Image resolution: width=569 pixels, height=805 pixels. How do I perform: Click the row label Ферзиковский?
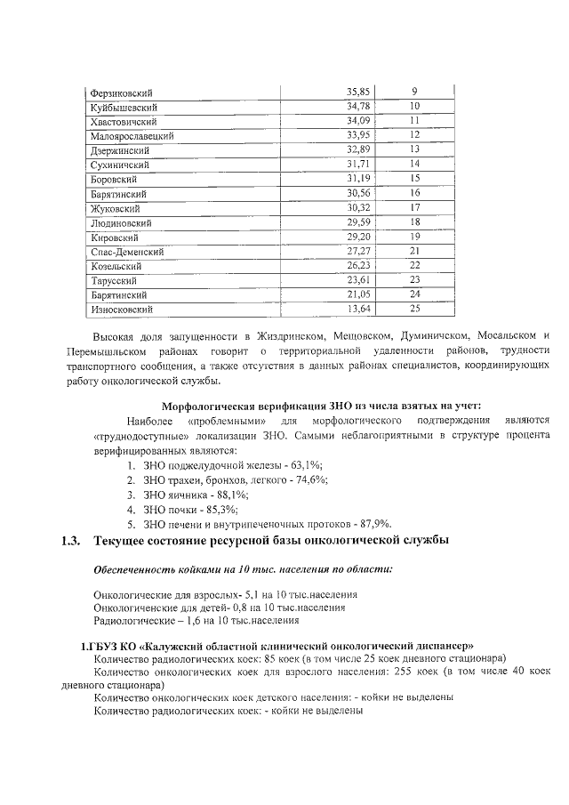[x=122, y=93]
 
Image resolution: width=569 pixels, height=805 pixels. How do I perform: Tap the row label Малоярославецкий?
[x=132, y=136]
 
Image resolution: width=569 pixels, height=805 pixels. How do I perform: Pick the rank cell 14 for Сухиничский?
[x=414, y=165]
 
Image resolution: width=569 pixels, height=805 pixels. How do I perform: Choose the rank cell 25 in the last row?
[x=414, y=309]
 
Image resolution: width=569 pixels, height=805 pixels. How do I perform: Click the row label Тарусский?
[x=111, y=280]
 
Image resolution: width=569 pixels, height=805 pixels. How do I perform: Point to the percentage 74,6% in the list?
[x=309, y=480]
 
